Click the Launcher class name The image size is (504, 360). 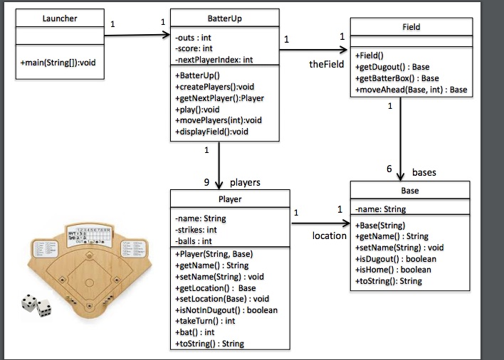point(59,18)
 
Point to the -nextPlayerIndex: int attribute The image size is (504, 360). point(213,60)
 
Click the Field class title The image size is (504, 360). point(411,27)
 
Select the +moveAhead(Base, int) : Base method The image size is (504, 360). point(411,90)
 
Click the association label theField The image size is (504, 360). point(327,64)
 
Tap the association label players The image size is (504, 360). point(245,182)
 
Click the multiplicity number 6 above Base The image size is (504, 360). point(389,169)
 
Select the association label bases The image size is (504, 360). point(424,172)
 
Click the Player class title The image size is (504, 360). point(229,198)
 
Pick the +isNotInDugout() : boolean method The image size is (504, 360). point(226,309)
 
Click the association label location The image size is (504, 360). point(329,235)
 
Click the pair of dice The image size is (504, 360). point(36,305)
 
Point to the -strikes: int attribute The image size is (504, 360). point(196,230)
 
